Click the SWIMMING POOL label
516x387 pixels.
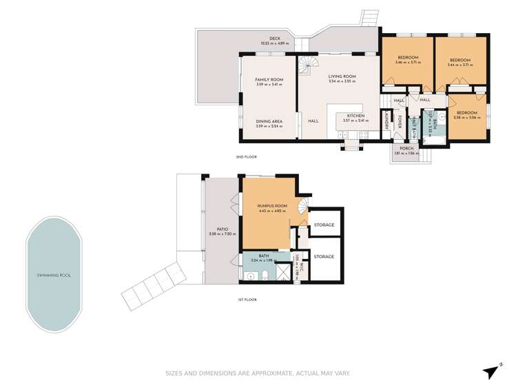tap(54, 275)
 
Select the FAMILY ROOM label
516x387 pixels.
tap(269, 80)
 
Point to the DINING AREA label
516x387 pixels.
tap(269, 122)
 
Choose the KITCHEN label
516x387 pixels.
tap(355, 115)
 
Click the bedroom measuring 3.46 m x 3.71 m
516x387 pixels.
tap(408, 59)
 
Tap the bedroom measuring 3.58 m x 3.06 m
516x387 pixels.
tap(466, 112)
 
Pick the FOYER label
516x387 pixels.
tap(400, 122)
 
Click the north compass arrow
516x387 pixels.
tap(492, 371)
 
